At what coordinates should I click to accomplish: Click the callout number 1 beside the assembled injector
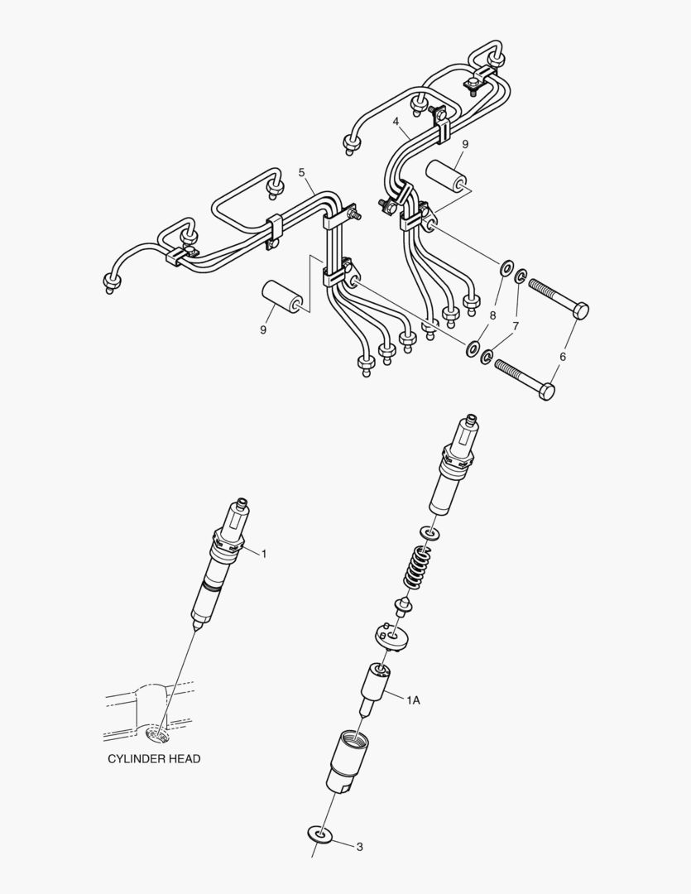[x=264, y=554]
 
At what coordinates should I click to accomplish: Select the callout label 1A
[x=413, y=700]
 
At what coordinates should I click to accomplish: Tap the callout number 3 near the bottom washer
[x=359, y=847]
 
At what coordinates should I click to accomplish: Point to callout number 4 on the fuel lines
[x=398, y=121]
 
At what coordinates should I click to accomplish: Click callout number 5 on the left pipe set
[x=302, y=173]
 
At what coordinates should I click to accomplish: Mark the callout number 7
[x=515, y=326]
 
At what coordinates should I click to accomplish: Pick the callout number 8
[x=492, y=315]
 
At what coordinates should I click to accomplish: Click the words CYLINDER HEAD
[x=154, y=758]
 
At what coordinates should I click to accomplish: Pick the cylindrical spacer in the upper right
[x=447, y=177]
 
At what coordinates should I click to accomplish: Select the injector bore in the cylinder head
[x=158, y=732]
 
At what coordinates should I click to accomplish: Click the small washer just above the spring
[x=428, y=532]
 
